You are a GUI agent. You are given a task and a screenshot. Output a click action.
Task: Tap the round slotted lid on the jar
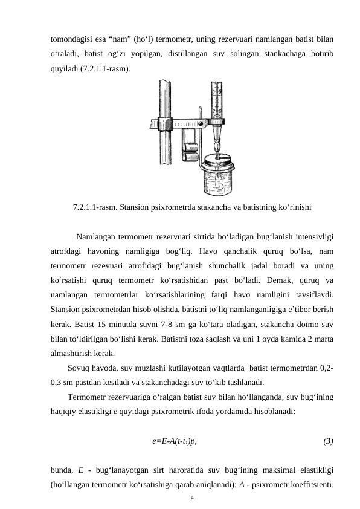[218, 162]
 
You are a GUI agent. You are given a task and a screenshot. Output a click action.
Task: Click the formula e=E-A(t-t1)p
[174, 441]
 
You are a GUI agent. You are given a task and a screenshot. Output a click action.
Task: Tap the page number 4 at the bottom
[191, 497]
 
